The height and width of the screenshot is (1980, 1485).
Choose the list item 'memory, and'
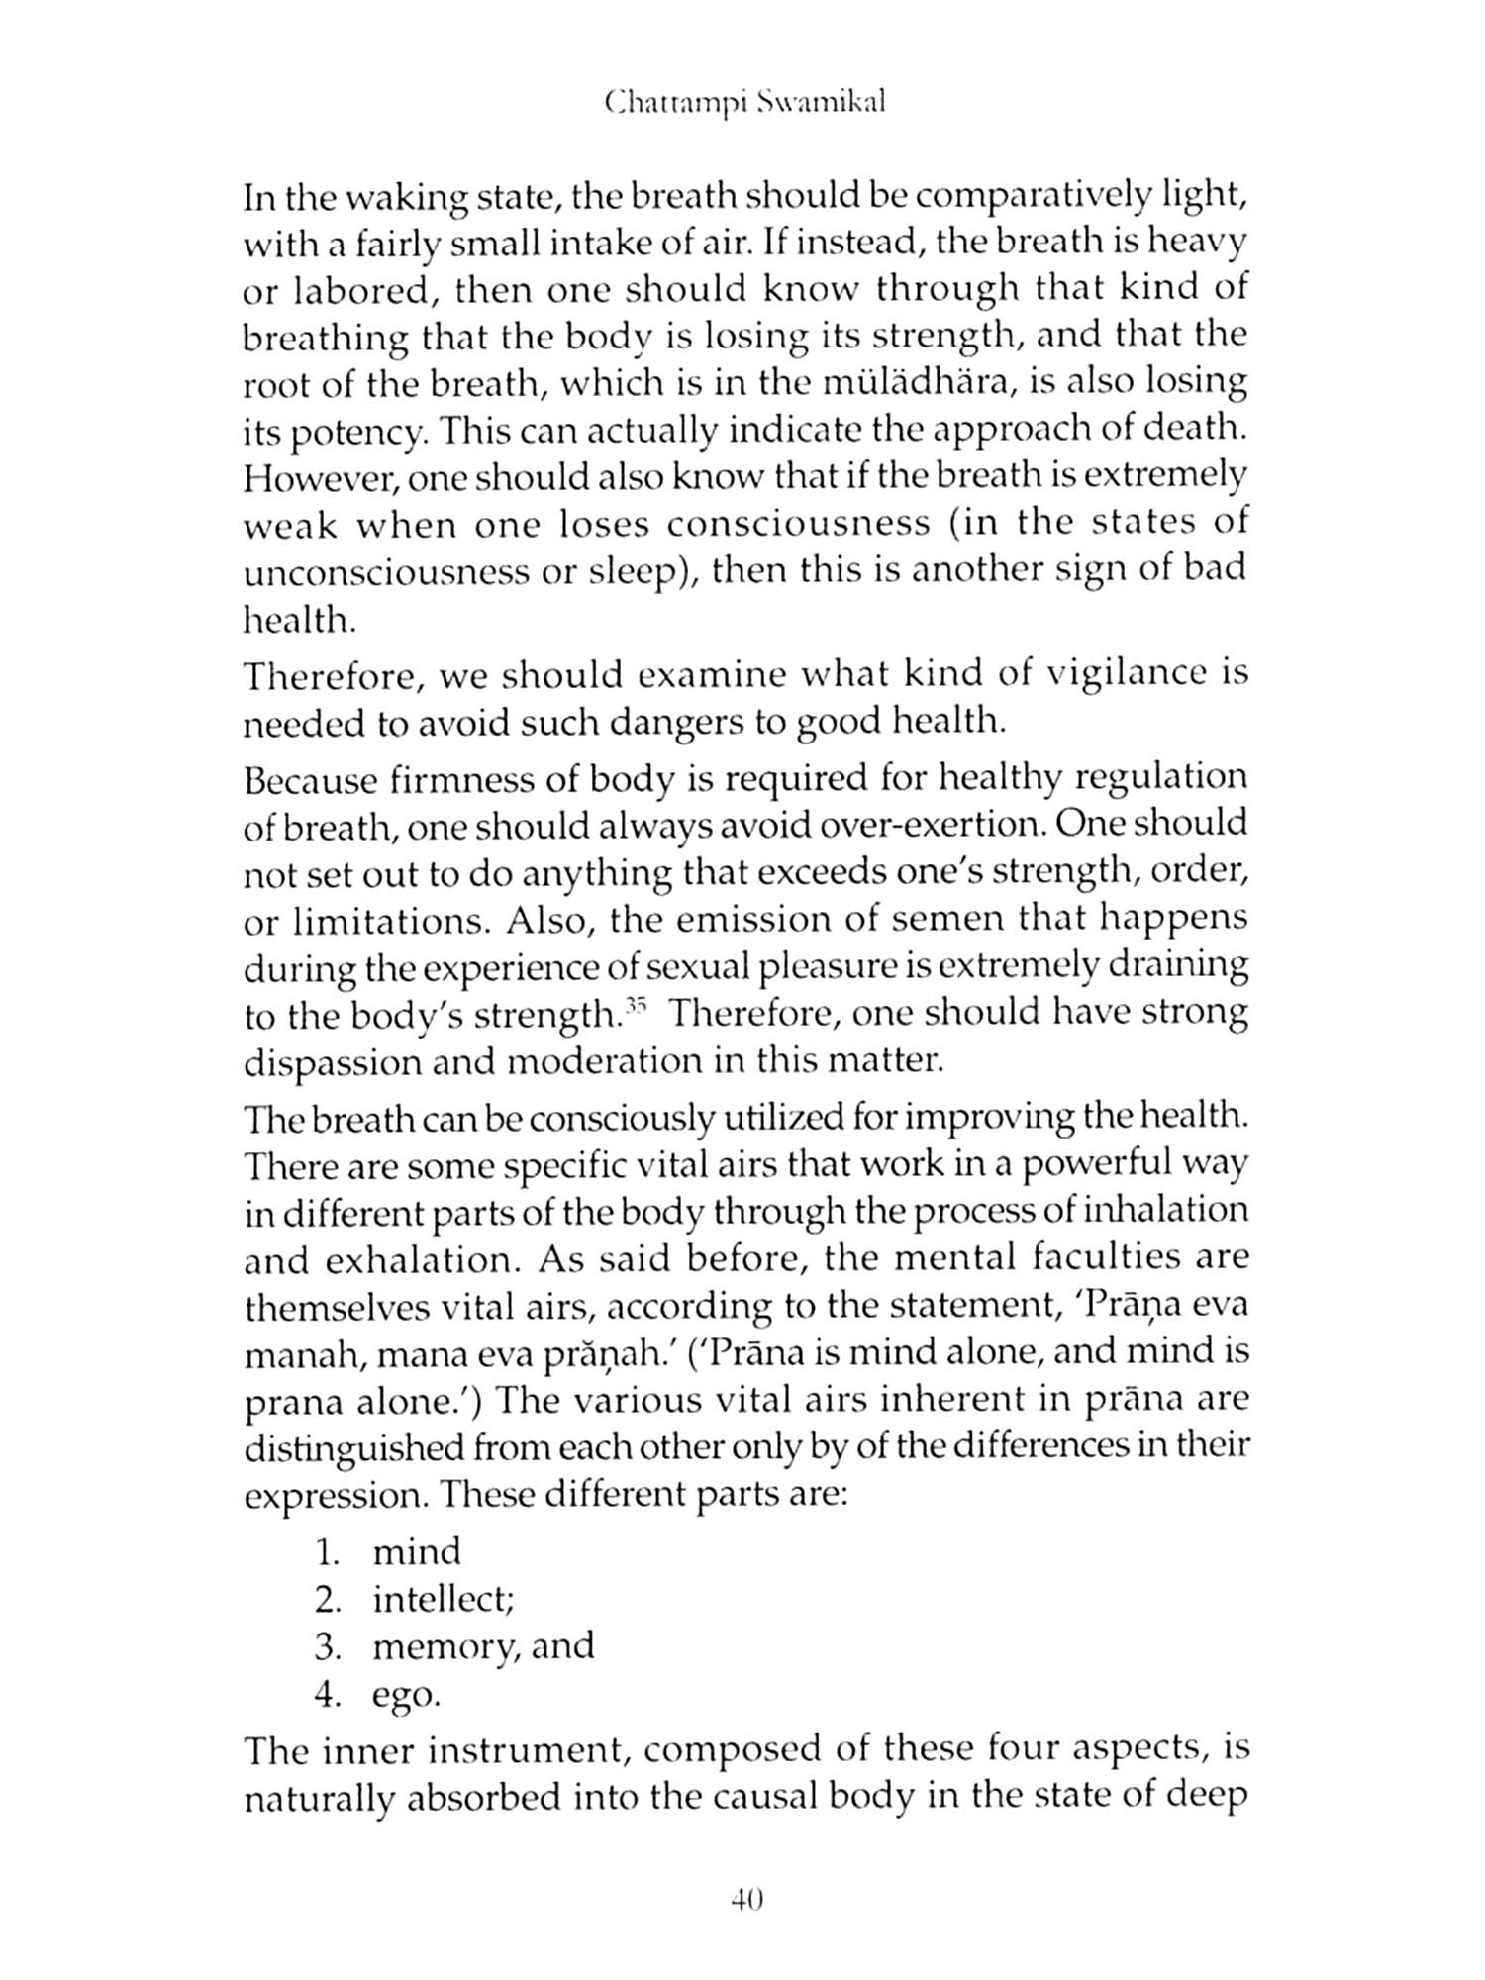point(483,1646)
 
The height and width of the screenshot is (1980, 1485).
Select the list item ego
point(406,1696)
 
